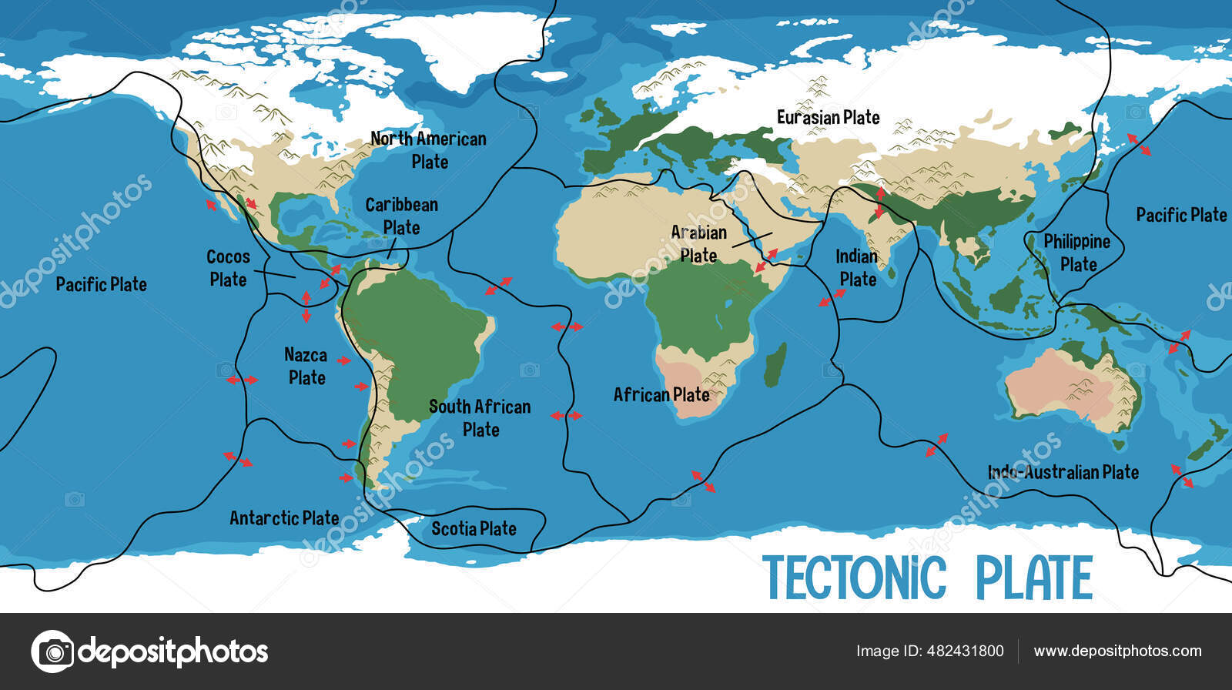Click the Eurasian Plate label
tap(828, 118)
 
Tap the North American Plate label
tap(428, 150)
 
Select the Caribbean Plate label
tap(401, 216)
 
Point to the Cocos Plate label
tap(228, 268)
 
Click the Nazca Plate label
tap(306, 367)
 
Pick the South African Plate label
tap(480, 417)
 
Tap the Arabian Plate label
tap(698, 243)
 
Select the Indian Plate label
tap(857, 267)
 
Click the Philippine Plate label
tap(1077, 253)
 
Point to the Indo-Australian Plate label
tap(1063, 472)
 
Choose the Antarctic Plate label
tap(284, 518)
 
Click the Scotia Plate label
tap(474, 528)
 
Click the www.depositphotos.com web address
tap(1117, 651)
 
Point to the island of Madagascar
tap(776, 366)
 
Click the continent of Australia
tap(1070, 385)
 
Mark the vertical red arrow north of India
tap(880, 202)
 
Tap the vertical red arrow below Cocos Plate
tap(306, 306)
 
